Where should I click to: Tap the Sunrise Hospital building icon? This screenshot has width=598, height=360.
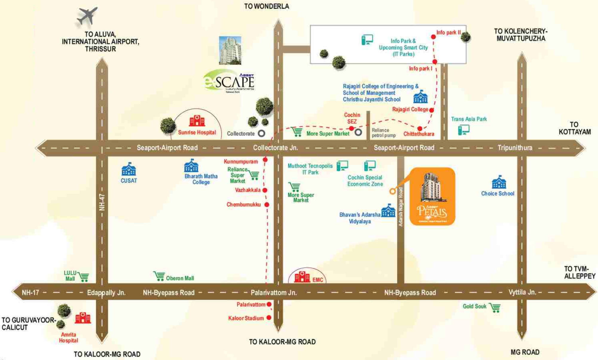coord(197,121)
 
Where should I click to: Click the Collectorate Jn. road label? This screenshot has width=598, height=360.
coord(275,148)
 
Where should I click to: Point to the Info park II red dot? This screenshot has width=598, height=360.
coord(433,37)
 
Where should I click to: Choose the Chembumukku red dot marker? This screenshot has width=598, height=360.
coord(267,205)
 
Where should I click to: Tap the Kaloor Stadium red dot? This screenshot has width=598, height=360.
coord(269,318)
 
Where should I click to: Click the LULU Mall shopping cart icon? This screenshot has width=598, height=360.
coord(83,277)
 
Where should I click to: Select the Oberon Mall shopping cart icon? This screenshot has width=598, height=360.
coord(159,276)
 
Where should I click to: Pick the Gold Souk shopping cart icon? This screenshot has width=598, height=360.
coord(495,307)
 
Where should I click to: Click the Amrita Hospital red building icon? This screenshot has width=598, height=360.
coord(83,318)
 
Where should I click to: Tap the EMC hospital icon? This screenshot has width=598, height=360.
coord(302,277)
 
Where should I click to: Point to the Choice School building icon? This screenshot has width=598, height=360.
coord(499,182)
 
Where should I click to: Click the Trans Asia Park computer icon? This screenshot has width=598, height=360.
coord(463,130)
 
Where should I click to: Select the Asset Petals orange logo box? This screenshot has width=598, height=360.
coord(432,196)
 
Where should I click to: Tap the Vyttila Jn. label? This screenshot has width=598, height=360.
coord(522,292)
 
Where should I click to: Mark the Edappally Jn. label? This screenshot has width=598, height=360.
coord(106,292)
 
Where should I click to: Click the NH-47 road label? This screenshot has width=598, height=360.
coord(102,202)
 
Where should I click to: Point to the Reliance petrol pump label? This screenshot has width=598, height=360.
coord(383,133)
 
